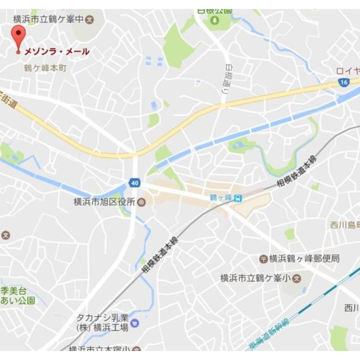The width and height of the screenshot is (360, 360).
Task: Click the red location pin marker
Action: pos(18,36)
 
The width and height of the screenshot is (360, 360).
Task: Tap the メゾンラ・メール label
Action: pos(57,52)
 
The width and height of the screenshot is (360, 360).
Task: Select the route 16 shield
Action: pos(343,83)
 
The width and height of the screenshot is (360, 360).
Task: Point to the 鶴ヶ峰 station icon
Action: pos(238,198)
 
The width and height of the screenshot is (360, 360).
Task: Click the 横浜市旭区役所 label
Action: pos(104,202)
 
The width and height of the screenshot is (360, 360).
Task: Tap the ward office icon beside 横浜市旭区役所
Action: pos(141,202)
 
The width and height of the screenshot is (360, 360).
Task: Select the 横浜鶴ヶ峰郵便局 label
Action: pos(304,258)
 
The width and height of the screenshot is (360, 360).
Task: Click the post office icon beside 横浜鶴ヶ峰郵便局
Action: pos(264,258)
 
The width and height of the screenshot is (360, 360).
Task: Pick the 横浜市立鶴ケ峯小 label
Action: pos(255,278)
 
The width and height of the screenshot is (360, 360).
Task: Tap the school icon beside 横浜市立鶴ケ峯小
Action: pos(296,278)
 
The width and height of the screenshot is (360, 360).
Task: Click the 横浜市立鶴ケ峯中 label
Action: pos(49,18)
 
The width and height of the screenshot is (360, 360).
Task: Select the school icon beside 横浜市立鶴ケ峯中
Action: pos(90,19)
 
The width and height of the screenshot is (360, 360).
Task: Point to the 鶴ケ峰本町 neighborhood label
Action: pos(45,68)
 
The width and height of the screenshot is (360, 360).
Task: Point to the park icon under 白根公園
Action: pos(215,20)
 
